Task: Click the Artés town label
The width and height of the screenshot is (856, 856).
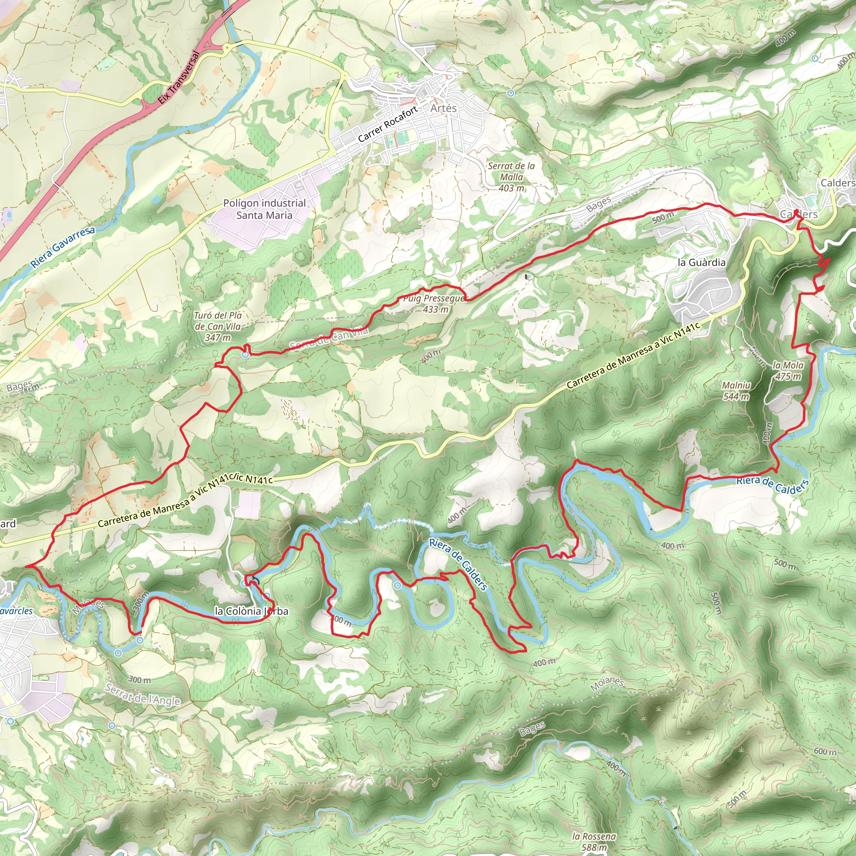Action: [x=443, y=108]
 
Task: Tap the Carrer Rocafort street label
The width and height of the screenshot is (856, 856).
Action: [x=388, y=124]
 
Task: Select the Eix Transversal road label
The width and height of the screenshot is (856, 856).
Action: [x=179, y=79]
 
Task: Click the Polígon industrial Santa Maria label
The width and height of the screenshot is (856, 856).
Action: [x=264, y=209]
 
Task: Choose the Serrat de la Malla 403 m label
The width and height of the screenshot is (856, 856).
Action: [x=511, y=177]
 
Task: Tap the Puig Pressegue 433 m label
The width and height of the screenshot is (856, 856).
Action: [x=434, y=303]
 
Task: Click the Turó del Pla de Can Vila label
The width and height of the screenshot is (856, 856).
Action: [x=218, y=326]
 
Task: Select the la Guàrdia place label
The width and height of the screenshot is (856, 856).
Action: [x=702, y=262]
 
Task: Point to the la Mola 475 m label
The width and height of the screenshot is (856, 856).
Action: [x=788, y=370]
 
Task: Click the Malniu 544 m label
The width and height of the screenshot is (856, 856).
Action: [x=736, y=391]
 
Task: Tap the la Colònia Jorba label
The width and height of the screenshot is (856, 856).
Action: [x=251, y=611]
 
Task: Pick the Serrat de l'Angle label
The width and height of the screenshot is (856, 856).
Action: [x=143, y=694]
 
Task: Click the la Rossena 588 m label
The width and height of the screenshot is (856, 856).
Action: [x=594, y=841]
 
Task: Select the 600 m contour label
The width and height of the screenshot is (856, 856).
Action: [x=825, y=752]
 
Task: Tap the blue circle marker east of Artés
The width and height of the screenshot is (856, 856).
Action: [x=511, y=93]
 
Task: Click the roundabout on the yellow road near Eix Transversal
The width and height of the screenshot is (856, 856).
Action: [x=227, y=47]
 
